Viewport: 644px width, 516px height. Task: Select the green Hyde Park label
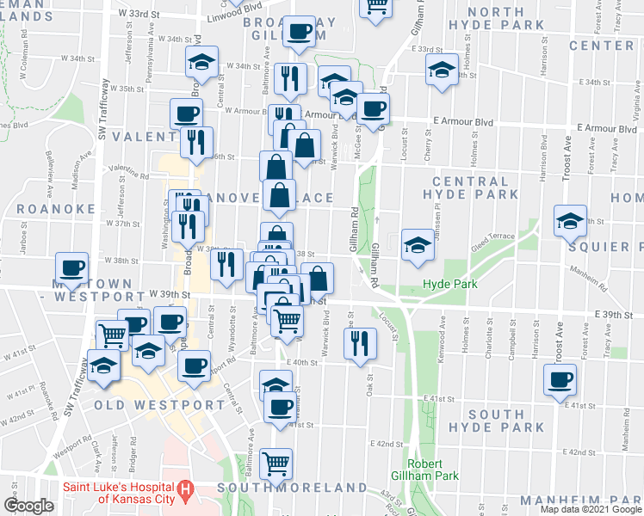(443, 284)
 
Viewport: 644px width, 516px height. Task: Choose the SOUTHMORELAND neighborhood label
(292, 488)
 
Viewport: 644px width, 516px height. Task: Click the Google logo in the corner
(28, 506)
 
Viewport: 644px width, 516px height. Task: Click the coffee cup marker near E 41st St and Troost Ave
(560, 378)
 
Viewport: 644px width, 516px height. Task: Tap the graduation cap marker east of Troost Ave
(570, 222)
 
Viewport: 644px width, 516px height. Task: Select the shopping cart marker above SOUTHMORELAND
(276, 464)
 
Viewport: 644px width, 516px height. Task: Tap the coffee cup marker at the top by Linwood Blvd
(299, 32)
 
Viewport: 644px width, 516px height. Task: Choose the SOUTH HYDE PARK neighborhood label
(498, 421)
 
